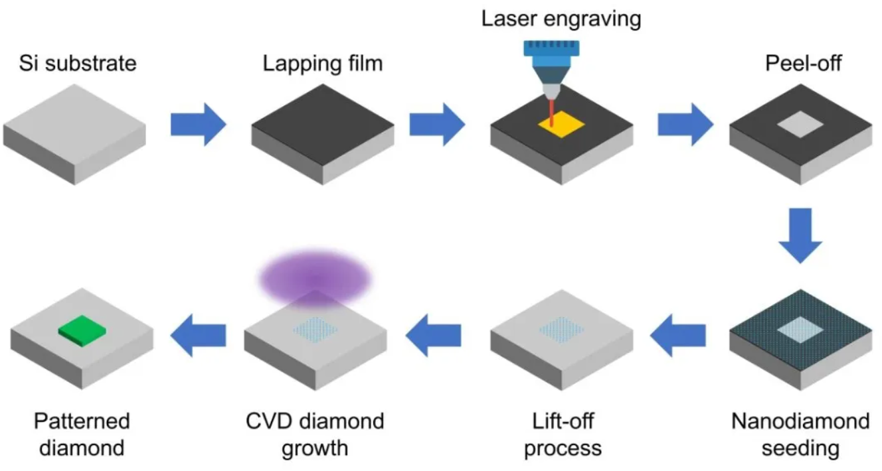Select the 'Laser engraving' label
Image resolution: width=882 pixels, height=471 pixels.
[x=561, y=18]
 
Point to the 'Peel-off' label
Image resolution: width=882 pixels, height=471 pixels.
[x=799, y=64]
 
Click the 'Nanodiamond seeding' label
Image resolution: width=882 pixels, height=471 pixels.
[x=800, y=435]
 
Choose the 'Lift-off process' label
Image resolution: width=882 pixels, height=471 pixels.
[x=563, y=435]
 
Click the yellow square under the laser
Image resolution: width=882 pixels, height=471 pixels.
[x=561, y=126]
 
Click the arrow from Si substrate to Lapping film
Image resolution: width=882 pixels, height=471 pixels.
[x=198, y=124]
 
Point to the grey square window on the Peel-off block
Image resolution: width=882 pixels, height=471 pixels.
[x=800, y=125]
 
